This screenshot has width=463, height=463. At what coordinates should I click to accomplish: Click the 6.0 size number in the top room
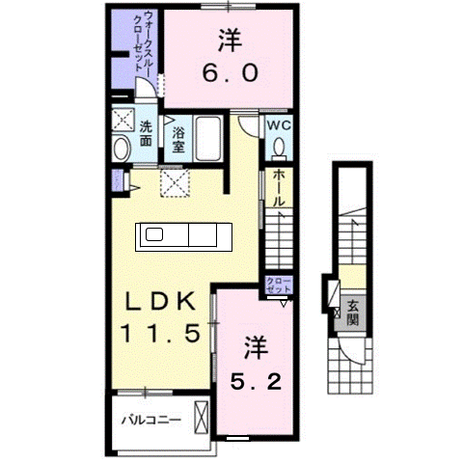point(229,73)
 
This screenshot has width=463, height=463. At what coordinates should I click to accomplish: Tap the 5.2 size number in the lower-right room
point(256,381)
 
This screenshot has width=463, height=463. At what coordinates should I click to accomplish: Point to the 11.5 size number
point(159,334)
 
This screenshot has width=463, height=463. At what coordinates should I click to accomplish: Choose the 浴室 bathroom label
point(178,143)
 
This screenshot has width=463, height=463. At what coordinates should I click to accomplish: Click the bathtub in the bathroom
point(209,140)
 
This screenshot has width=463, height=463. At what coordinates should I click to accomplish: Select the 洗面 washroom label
point(146,132)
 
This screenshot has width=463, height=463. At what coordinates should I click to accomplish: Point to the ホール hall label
point(278,188)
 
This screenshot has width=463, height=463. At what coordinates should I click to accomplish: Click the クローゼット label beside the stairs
point(278,285)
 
